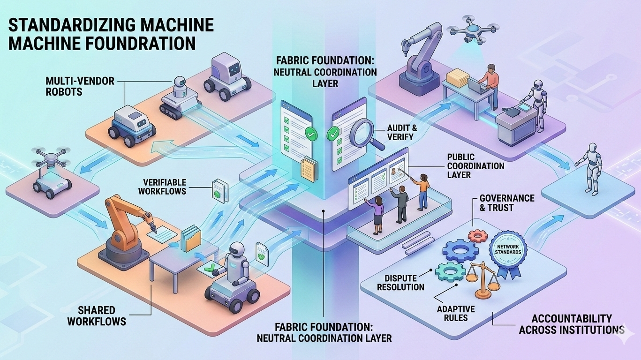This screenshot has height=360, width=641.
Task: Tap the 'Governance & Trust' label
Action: click(x=500, y=202)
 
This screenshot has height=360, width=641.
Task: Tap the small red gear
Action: click(x=478, y=235)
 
